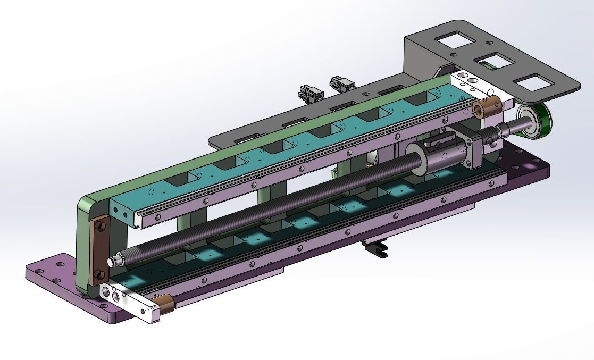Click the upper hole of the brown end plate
coord(99,229)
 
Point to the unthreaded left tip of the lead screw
coord(114,262)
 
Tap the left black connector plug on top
coord(311,93)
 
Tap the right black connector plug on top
coord(342,83)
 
